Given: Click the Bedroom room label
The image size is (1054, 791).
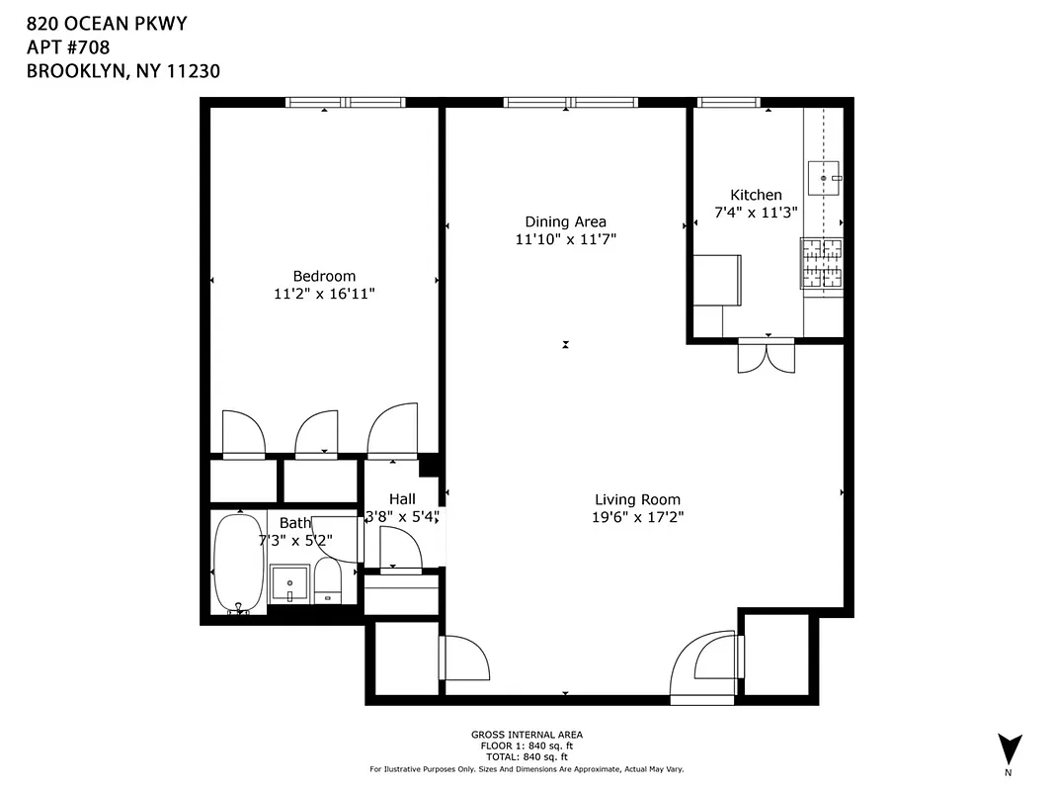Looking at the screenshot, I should (x=323, y=276).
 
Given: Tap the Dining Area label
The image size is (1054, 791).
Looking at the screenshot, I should (x=565, y=221).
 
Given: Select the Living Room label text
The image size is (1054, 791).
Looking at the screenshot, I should (x=637, y=499).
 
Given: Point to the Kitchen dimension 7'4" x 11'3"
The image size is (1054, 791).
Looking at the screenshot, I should (x=756, y=212).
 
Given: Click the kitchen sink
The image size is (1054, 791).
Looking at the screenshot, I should (x=823, y=178).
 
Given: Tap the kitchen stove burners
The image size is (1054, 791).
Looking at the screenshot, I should (x=822, y=264).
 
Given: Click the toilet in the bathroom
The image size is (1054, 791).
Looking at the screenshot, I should (x=327, y=581).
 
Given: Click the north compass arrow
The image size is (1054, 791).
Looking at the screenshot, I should (x=1009, y=747).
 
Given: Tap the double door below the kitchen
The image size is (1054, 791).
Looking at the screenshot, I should (x=766, y=355).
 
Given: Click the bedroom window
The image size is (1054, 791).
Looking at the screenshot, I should (x=346, y=102).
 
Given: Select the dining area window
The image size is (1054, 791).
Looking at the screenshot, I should (x=570, y=102).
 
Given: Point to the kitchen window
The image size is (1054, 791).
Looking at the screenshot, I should (x=729, y=102).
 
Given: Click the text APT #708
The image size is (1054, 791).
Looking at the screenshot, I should (x=68, y=46).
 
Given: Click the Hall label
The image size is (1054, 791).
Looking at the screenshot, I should (x=402, y=498).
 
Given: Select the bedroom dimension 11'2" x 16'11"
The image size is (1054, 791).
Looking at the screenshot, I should (x=323, y=294).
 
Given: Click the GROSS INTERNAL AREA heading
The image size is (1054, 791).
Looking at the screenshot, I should (x=527, y=735).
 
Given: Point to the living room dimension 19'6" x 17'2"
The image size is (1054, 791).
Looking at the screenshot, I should (x=637, y=517).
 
